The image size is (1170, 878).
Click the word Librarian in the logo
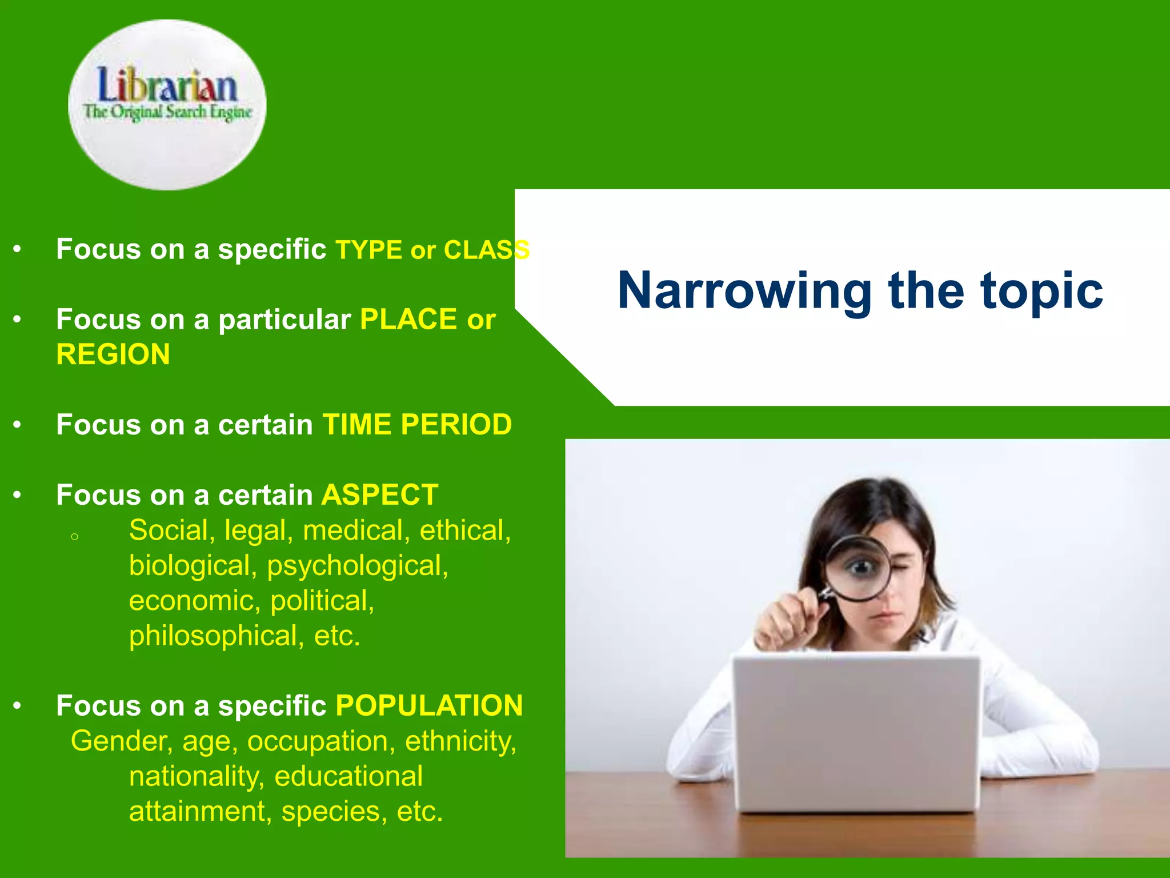167,86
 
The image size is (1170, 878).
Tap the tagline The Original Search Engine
167,112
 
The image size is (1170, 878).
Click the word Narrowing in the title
744,292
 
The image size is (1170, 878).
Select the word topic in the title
1041,292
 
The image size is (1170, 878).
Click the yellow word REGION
113,354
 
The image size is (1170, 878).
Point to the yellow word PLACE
408,319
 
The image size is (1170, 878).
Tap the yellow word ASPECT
379,495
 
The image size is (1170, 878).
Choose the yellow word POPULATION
429,706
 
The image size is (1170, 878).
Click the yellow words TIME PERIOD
417,425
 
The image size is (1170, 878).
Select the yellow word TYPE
368,250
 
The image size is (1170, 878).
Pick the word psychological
358,566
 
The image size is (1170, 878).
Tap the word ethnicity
460,741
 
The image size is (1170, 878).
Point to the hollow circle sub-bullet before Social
74,537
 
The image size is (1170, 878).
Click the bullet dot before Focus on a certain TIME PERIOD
17,425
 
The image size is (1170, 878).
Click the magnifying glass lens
859,568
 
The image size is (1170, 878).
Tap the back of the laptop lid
855,732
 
